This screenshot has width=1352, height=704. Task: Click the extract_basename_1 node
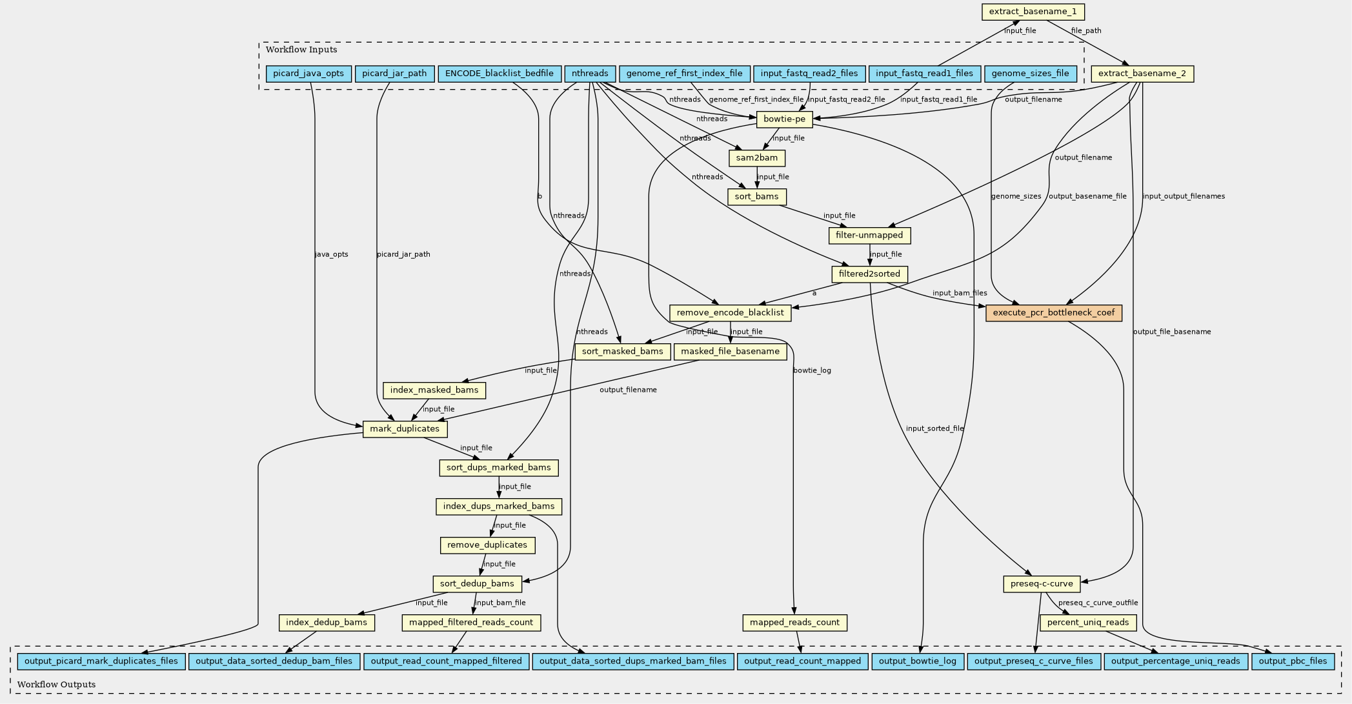(1033, 12)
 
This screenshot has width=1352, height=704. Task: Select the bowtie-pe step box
(784, 119)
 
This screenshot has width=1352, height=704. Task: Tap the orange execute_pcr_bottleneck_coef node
(1053, 313)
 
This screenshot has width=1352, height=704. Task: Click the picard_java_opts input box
(308, 74)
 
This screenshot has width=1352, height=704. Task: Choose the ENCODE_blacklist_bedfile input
(499, 74)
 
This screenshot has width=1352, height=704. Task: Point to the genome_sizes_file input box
(1030, 74)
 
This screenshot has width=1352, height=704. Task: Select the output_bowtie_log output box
(918, 661)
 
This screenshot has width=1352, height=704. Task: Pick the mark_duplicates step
(405, 429)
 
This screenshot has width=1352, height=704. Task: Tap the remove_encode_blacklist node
(730, 313)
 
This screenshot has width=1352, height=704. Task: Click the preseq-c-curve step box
(1042, 584)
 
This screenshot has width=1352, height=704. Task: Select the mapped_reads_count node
(794, 623)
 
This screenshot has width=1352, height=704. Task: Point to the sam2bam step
(757, 158)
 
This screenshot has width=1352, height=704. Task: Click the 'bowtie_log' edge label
(812, 370)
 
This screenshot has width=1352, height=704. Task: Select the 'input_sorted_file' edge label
(934, 428)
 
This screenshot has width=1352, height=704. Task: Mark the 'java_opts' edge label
(331, 254)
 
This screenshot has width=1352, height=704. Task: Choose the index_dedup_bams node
(327, 623)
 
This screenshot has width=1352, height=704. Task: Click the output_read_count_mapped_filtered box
(446, 661)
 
